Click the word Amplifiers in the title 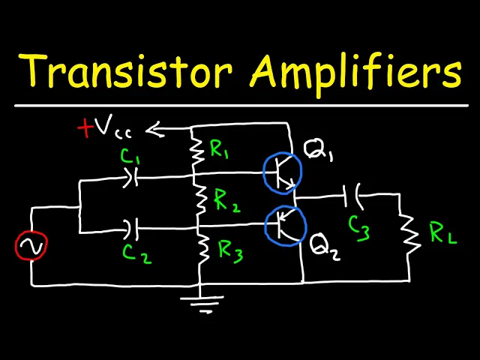click(x=355, y=73)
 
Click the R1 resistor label click(x=220, y=150)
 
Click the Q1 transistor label click(x=319, y=155)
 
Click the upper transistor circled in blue click(x=282, y=173)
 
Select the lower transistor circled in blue click(x=285, y=224)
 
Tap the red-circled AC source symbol click(x=32, y=245)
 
